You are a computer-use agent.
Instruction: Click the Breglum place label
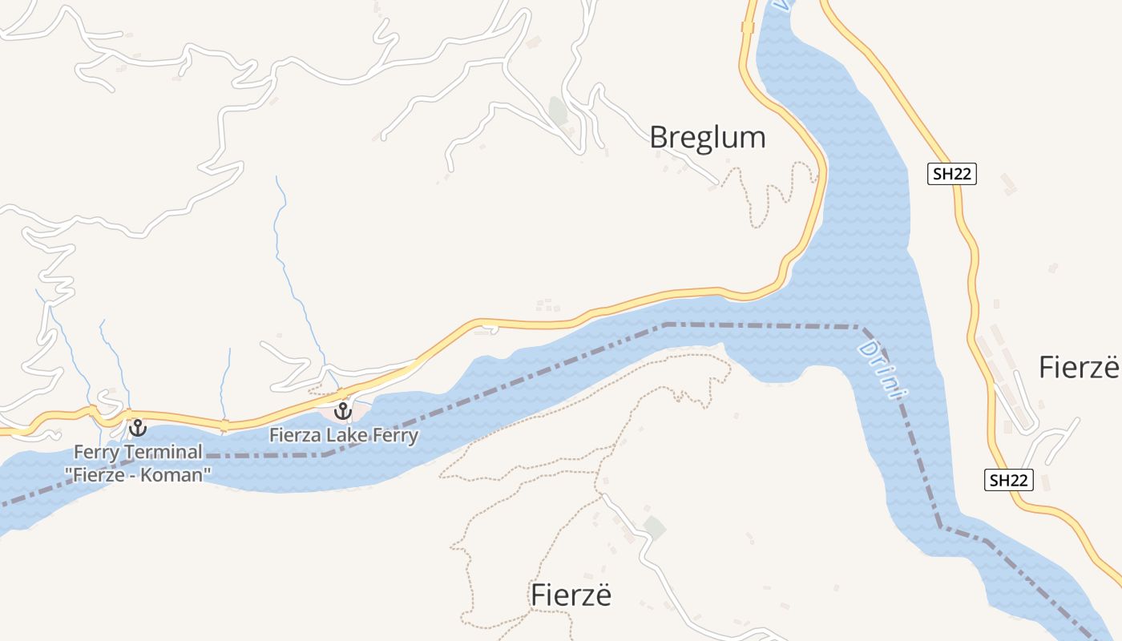click(x=707, y=137)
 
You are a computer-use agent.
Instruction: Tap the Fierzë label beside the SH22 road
click(x=1078, y=367)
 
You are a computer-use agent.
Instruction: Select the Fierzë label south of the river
click(x=571, y=595)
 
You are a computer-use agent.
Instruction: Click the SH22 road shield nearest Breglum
click(x=952, y=174)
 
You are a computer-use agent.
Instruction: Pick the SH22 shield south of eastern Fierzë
click(x=1008, y=480)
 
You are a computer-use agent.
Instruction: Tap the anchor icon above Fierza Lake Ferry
click(x=343, y=412)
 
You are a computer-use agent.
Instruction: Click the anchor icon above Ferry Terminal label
click(x=138, y=428)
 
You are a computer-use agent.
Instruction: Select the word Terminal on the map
click(x=163, y=453)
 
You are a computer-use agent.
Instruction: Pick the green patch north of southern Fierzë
click(x=654, y=527)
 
